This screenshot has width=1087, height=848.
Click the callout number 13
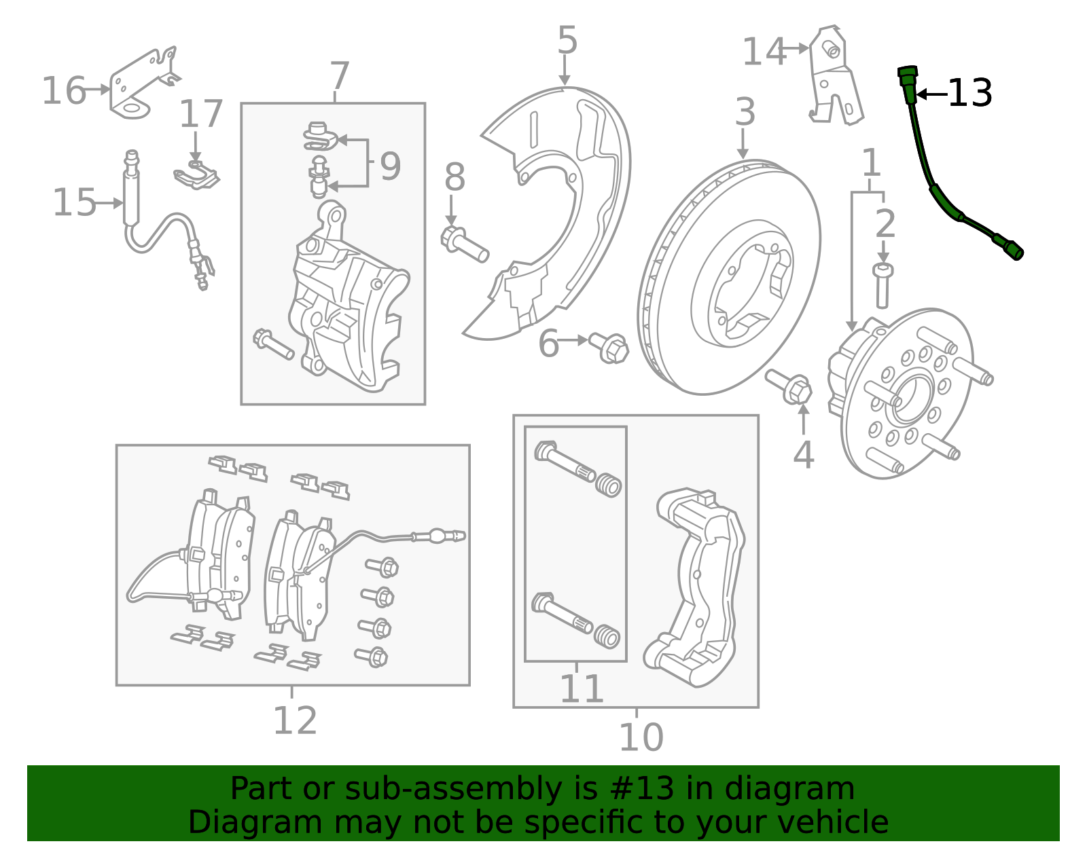969,93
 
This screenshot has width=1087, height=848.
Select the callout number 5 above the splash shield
567,41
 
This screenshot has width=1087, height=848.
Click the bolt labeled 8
465,245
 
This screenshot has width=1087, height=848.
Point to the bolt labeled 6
609,347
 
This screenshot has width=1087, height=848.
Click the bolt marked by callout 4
789,386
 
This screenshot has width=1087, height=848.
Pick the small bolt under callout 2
883,285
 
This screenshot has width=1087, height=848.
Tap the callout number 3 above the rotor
745,112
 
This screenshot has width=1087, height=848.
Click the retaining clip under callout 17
196,176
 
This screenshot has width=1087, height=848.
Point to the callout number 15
74,203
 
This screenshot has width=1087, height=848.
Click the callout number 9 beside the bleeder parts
390,166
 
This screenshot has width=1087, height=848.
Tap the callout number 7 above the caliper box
340,76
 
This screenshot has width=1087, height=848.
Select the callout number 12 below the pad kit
295,721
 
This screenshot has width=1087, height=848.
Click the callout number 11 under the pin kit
582,689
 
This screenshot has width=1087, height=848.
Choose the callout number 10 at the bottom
641,737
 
